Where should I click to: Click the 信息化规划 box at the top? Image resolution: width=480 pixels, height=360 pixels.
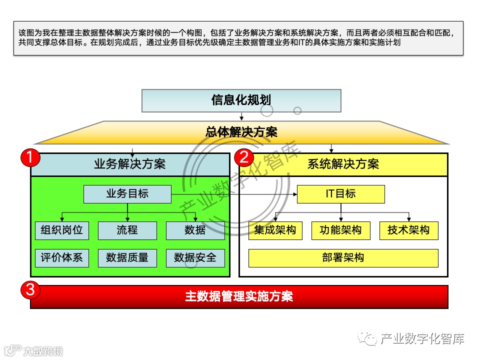pos(241,100)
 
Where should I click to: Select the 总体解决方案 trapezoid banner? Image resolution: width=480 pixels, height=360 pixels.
pos(241,132)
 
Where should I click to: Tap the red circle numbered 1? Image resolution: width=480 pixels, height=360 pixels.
pos(30,158)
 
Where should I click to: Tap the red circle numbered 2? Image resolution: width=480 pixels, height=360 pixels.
pos(244,158)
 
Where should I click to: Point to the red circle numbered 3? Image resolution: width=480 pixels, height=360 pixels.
pos(30,289)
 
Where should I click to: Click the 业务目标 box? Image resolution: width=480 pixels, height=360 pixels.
pos(127,194)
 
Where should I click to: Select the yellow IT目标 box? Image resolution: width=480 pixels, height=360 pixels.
pos(341,194)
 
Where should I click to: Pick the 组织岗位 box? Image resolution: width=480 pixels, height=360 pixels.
pos(62,230)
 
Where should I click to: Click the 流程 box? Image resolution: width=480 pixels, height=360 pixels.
pos(127,230)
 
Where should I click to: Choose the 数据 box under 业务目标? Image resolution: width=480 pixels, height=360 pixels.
pos(195,230)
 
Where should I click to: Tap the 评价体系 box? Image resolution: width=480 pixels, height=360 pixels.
pos(62,258)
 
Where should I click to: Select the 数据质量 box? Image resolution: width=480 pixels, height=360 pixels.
pos(127,258)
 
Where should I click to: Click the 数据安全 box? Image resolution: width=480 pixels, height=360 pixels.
pos(195,258)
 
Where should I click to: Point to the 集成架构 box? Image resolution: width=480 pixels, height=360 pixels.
pos(275,230)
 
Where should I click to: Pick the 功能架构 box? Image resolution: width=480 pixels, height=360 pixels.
pos(341,230)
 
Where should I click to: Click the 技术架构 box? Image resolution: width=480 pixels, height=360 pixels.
pos(408,230)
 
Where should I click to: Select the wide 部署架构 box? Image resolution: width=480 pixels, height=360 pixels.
pos(343,258)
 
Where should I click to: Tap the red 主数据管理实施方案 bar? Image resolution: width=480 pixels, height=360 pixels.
pos(239,297)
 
